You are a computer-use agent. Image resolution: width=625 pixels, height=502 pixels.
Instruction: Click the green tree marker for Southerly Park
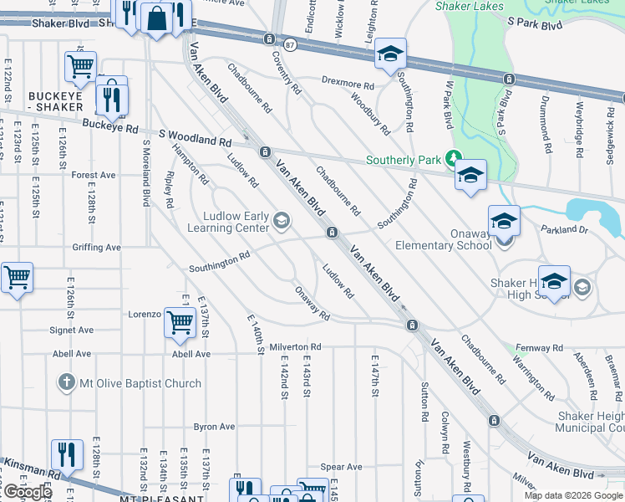coord(453,157)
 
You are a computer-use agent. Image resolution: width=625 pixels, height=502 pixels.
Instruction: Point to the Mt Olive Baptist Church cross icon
coord(67,383)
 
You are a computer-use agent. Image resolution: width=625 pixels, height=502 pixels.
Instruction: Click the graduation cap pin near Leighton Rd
coord(390,54)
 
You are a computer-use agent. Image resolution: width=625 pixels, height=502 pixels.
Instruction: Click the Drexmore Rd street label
coord(348,84)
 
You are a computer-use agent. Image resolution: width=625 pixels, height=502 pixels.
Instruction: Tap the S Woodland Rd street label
coord(195,142)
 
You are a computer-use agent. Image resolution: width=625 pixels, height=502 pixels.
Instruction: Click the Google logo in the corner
coord(28,491)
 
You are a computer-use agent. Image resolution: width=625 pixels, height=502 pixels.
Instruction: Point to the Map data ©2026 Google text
coord(572,495)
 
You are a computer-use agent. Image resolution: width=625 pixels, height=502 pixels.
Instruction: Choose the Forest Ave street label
coord(94,175)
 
